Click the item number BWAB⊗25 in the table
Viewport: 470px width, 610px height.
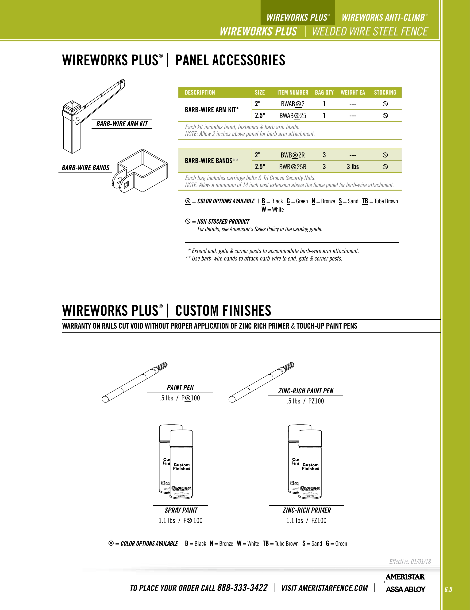[x=293, y=116]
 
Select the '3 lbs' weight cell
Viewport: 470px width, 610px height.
[x=353, y=167]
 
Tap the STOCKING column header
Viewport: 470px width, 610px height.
[x=385, y=92]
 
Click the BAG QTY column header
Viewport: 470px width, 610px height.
[x=324, y=92]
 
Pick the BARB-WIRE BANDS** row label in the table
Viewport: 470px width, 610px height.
[x=212, y=161]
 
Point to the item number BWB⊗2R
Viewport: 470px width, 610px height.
[x=293, y=155]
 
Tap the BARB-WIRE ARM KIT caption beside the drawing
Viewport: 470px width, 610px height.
[x=122, y=124]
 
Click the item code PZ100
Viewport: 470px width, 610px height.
[x=316, y=401]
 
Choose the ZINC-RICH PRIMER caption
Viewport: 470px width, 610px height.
[x=307, y=510]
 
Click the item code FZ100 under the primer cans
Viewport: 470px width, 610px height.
[x=319, y=521]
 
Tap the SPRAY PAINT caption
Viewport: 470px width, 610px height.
[x=181, y=510]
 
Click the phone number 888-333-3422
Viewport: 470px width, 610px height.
[x=242, y=588]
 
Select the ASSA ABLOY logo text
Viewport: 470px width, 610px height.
[x=405, y=589]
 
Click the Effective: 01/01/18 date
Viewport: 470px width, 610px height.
[x=410, y=562]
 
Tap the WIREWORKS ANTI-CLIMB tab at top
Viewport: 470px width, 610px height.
[x=383, y=17]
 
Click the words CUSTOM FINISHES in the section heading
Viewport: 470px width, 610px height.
[x=223, y=311]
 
